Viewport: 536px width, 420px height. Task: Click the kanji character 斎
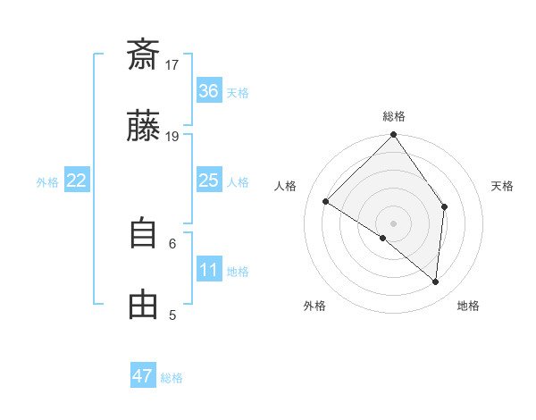coord(143,55)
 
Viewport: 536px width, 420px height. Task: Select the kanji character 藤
coord(143,128)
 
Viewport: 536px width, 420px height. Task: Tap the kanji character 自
coord(143,233)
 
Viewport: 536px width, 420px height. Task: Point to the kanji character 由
coord(143,305)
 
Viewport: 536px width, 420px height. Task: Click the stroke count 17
coord(172,64)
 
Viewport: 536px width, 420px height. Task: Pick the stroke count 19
coord(172,137)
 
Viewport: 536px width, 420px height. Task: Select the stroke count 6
coord(172,242)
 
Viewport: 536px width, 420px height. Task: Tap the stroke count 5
coord(172,315)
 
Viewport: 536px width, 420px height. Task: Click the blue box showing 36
coord(209,91)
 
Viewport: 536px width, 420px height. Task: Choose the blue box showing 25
coord(209,181)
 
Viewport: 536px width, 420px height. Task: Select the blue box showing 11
coord(209,270)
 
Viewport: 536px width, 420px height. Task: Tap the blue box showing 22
coord(77,181)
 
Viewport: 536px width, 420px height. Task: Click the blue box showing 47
coord(143,376)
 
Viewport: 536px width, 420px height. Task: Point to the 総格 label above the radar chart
coord(394,116)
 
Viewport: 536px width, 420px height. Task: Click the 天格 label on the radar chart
coord(503,186)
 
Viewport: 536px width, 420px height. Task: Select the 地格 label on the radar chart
coord(468,306)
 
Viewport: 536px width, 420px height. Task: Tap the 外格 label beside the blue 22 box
coord(47,181)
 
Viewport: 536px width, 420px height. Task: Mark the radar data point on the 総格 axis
coord(393,136)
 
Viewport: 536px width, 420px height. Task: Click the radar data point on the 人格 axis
coord(326,202)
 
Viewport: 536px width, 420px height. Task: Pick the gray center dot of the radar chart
coord(393,223)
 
